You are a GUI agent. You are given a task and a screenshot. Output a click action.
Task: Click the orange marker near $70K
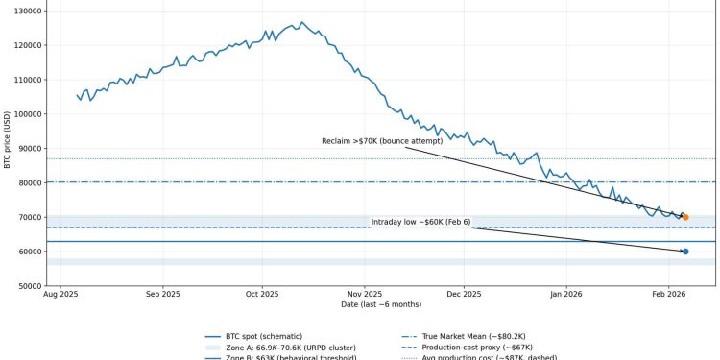click(x=684, y=217)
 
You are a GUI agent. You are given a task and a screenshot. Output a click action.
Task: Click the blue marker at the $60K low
click(x=684, y=252)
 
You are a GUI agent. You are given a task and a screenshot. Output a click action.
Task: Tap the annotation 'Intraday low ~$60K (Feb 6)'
click(x=420, y=222)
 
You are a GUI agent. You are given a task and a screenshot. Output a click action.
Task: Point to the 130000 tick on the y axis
click(x=26, y=11)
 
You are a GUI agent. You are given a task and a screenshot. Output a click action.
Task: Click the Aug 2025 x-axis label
click(x=61, y=296)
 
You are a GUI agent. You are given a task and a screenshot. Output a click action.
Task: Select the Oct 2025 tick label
click(x=262, y=296)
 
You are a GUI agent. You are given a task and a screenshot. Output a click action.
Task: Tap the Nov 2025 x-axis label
click(x=365, y=296)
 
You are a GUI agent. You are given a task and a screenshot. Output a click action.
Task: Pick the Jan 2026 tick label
click(x=565, y=296)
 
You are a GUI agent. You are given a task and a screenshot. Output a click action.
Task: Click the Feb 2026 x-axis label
click(x=667, y=296)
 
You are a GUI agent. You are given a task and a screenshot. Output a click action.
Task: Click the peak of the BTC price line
click(x=301, y=22)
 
